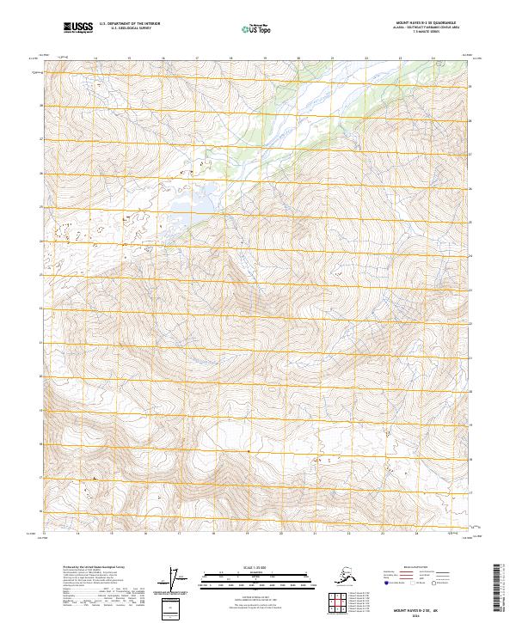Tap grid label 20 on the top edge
tap(298, 58)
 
